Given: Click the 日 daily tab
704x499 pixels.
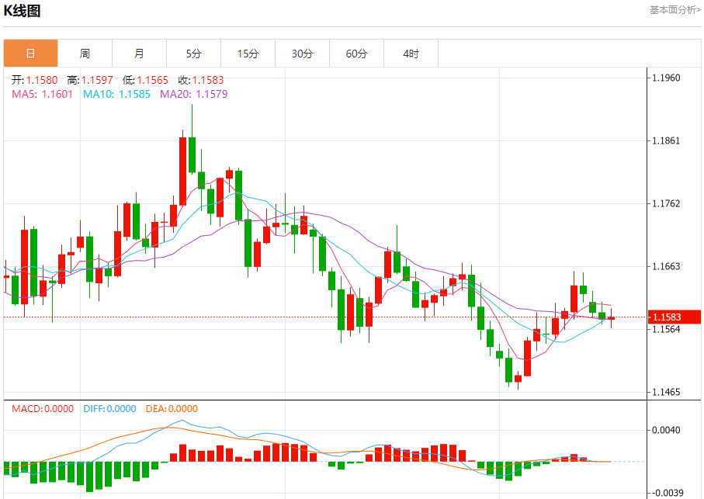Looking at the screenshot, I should coord(30,54).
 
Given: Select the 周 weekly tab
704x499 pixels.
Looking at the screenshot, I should coord(85,54).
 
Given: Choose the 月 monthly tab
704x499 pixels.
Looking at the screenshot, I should coord(139,54).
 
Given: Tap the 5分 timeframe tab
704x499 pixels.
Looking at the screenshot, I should coord(193,54).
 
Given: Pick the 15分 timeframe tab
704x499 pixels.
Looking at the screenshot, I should coord(248,54).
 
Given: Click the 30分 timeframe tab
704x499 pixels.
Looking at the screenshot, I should coord(302,54).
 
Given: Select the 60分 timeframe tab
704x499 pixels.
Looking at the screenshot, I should coord(356,54).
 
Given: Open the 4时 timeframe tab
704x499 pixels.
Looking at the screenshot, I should coord(411,54).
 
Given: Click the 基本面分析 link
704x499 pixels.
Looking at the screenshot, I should coord(675,9).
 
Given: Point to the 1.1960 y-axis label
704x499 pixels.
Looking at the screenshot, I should coord(666,78).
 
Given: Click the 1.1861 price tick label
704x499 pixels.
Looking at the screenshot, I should coord(666,140).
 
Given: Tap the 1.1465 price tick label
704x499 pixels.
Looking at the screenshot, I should coord(666,392).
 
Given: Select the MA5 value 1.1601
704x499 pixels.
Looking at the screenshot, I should coord(57,94).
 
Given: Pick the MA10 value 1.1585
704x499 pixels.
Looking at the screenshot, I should coord(134,94).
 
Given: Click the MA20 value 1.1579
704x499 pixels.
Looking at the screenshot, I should coord(212,94).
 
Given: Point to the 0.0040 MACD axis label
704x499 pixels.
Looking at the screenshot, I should coord(667,430).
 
